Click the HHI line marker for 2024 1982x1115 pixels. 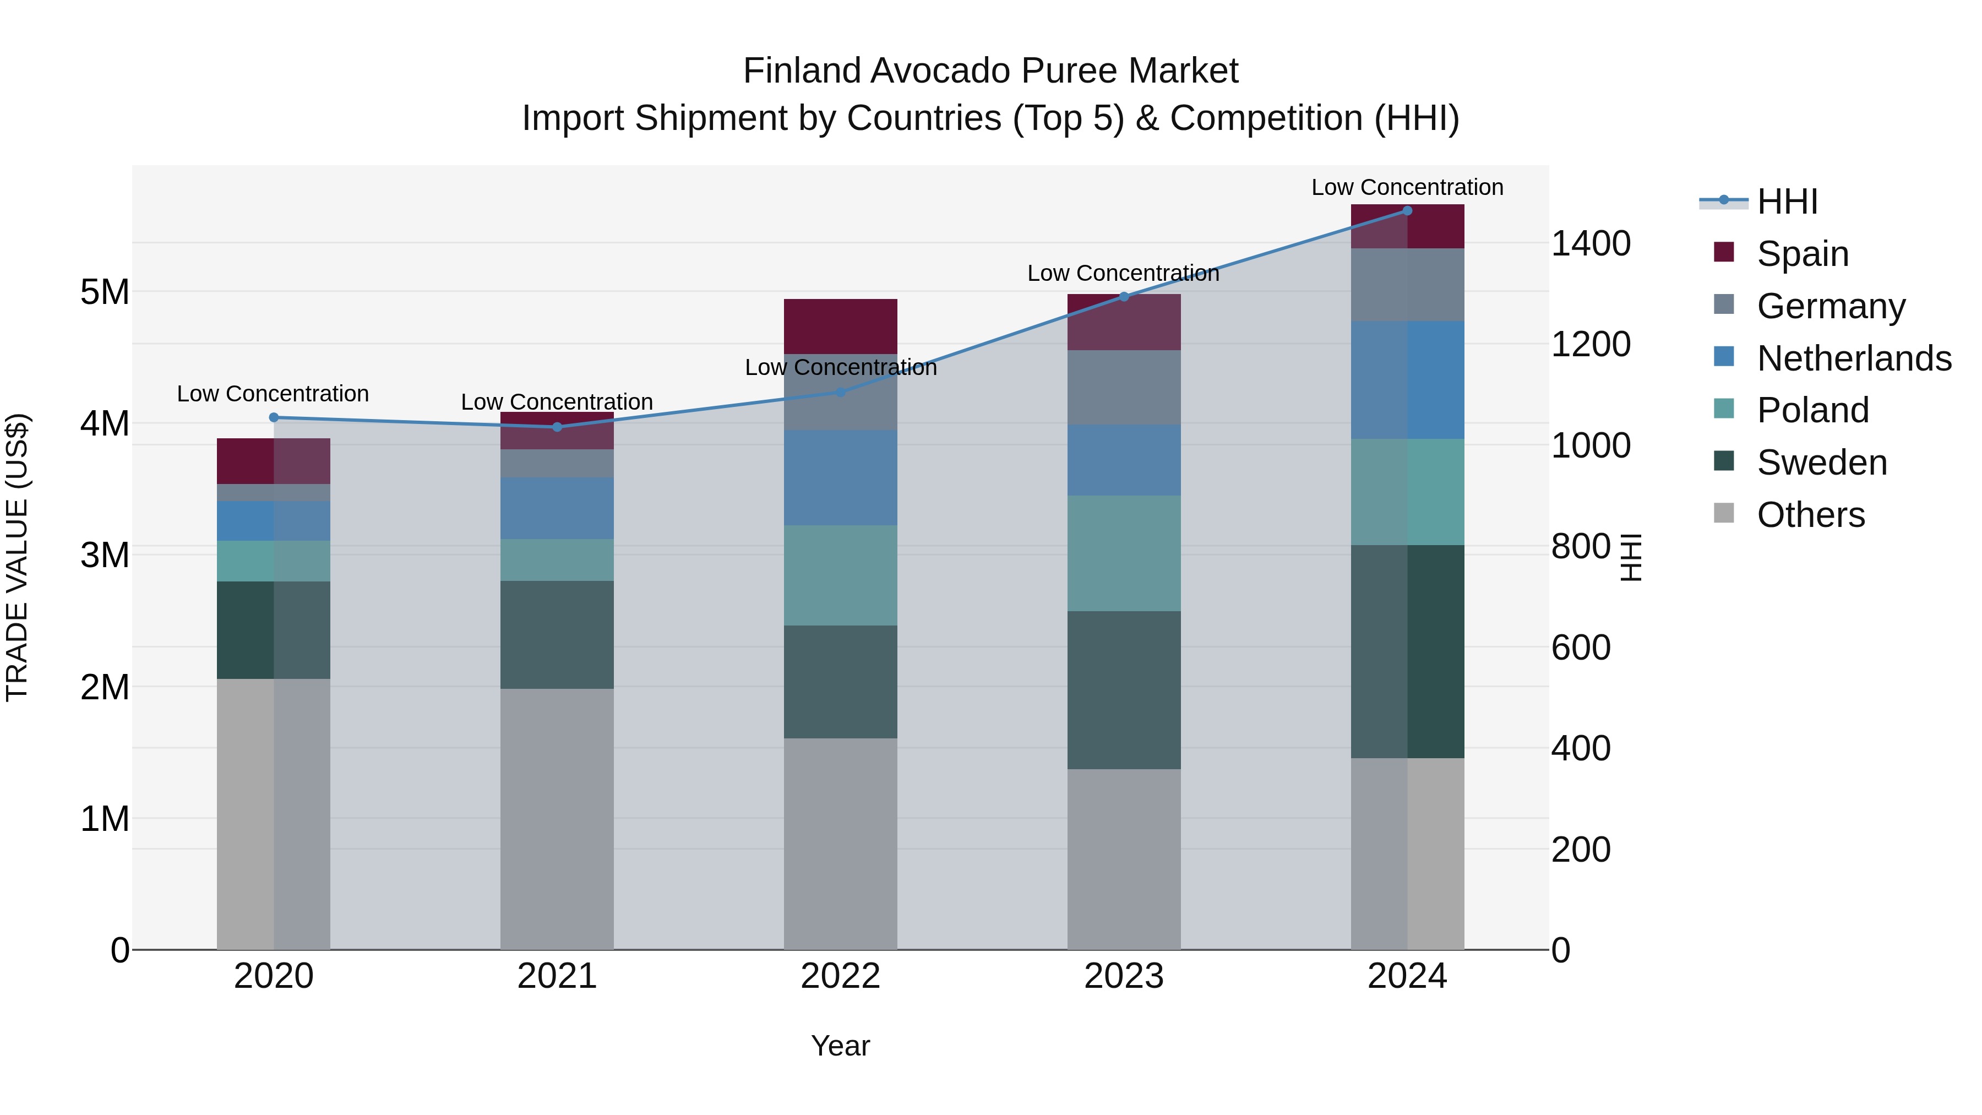[1407, 211]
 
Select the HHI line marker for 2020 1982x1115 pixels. [274, 418]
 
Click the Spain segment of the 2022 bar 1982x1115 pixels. [840, 327]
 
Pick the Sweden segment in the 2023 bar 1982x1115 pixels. [1123, 690]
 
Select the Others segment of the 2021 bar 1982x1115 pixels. [557, 819]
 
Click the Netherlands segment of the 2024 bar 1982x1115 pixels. [1407, 380]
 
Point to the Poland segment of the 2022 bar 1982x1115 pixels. [840, 575]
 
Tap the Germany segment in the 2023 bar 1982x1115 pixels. [1123, 388]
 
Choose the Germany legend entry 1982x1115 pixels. [1831, 306]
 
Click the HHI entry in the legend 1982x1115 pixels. [1787, 202]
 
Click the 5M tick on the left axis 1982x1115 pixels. [105, 292]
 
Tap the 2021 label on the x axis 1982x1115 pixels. [557, 976]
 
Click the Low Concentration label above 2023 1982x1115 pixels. [1123, 273]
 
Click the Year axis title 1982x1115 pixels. [840, 1046]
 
